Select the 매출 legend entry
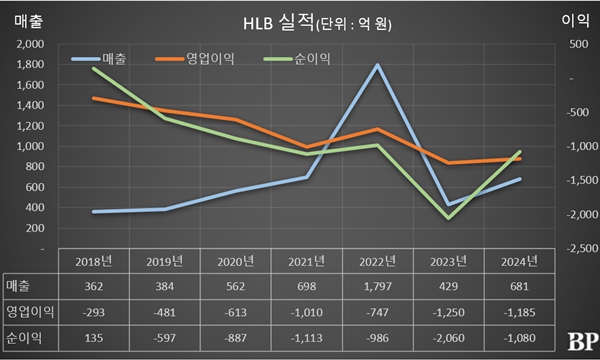(x=109, y=59)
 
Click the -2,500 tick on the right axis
(x=573, y=248)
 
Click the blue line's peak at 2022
(x=376, y=65)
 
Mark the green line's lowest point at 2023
(x=447, y=218)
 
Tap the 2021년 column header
(x=305, y=262)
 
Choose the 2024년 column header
(x=518, y=262)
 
